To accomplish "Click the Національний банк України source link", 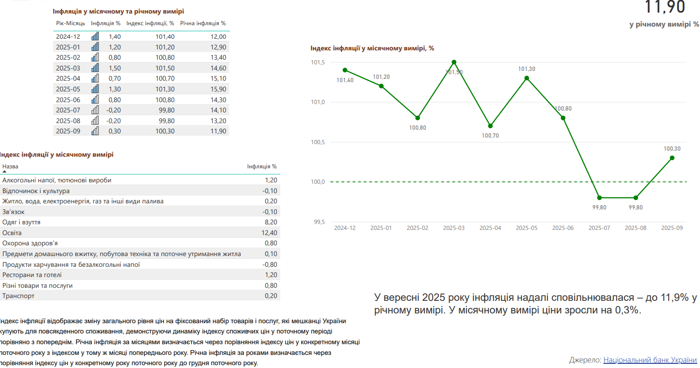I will pyautogui.click(x=650, y=360).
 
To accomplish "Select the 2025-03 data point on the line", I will pyautogui.click(x=454, y=62).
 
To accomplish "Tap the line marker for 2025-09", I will pyautogui.click(x=672, y=158).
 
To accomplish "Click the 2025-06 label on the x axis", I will pyautogui.click(x=563, y=228).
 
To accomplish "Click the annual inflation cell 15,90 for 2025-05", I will pyautogui.click(x=218, y=89).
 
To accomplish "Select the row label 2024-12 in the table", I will pyautogui.click(x=68, y=37).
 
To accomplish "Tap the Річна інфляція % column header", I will pyautogui.click(x=203, y=23).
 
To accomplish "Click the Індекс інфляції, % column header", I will pyautogui.click(x=150, y=23).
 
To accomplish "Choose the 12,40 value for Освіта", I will pyautogui.click(x=270, y=233).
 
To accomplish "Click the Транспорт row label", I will pyautogui.click(x=18, y=296).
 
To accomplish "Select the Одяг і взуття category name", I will pyautogui.click(x=21, y=222).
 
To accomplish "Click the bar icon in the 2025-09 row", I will pyautogui.click(x=95, y=131).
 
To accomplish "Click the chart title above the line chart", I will pyautogui.click(x=372, y=48).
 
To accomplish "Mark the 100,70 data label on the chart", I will pyautogui.click(x=490, y=136).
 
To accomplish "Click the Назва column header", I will pyautogui.click(x=10, y=166).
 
